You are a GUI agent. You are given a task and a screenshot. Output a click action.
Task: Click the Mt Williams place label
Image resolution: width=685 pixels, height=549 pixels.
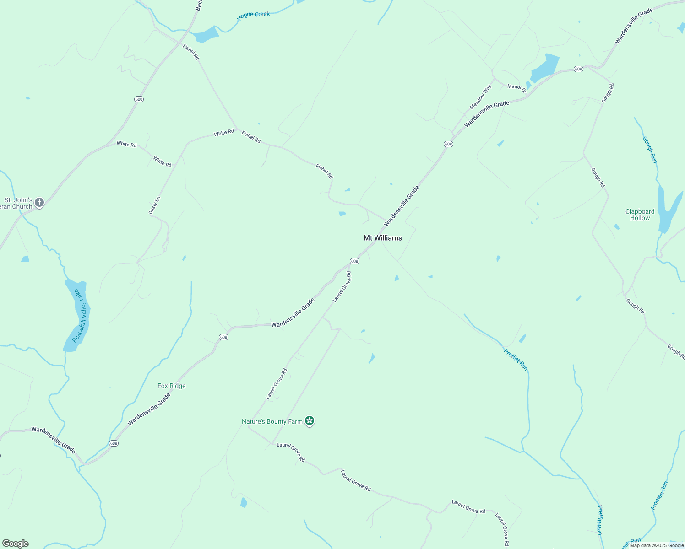click(x=382, y=238)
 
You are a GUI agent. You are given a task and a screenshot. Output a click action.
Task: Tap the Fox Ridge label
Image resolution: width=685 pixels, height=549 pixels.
click(x=171, y=386)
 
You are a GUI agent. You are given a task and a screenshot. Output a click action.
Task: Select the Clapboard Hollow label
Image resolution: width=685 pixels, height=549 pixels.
click(x=640, y=215)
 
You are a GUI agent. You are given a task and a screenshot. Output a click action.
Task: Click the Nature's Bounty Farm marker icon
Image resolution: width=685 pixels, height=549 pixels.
click(x=310, y=421)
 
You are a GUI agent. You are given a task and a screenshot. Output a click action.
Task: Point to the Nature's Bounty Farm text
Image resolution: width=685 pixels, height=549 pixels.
click(x=272, y=421)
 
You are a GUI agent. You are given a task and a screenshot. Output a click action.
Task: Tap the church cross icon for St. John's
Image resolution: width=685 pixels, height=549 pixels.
click(x=39, y=202)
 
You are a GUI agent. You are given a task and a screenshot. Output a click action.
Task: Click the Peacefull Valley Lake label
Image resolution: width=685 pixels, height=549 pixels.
click(x=79, y=316)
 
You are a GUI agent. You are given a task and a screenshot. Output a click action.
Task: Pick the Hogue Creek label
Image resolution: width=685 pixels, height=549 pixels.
click(x=253, y=15)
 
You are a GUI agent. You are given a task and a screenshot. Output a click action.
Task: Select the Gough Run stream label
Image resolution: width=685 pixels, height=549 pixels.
click(x=649, y=150)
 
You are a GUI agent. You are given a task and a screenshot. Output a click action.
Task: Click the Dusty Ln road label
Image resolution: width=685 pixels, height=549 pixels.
click(x=154, y=205)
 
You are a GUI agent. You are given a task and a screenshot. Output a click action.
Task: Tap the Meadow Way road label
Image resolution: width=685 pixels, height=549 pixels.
click(x=480, y=97)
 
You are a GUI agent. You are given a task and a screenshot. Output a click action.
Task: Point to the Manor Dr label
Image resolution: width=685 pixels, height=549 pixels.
click(x=517, y=87)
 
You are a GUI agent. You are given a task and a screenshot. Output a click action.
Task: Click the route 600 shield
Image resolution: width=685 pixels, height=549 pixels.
click(x=139, y=99)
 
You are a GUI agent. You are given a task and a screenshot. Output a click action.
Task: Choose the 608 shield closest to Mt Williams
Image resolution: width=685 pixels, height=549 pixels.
click(x=354, y=261)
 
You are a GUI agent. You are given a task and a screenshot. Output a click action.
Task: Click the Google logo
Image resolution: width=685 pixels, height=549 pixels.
click(x=15, y=543)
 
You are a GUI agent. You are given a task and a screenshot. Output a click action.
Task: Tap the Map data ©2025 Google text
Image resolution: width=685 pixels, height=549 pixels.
click(x=657, y=545)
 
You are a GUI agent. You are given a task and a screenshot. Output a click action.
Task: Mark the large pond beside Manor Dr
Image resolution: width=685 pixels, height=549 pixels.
click(x=545, y=68)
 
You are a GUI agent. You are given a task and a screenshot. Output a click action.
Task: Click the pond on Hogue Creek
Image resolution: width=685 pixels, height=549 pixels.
click(x=205, y=35)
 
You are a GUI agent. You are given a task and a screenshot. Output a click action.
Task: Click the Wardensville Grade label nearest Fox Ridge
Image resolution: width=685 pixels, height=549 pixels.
click(x=149, y=409)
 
